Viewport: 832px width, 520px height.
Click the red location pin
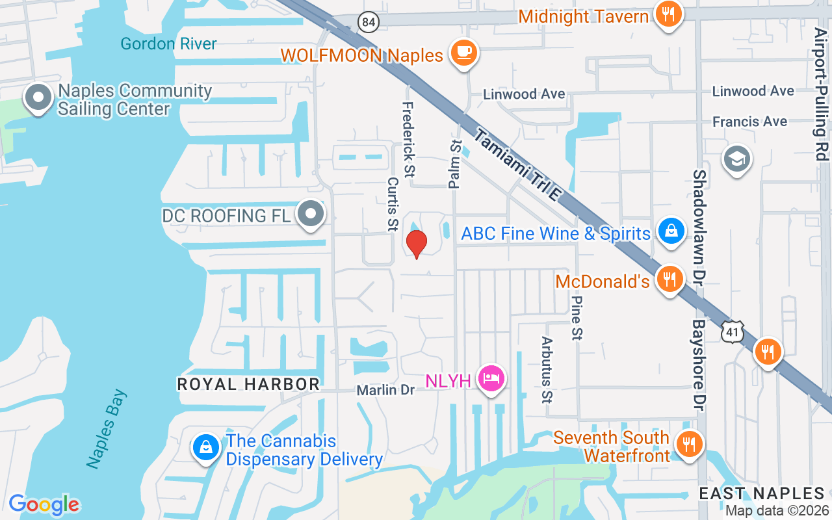click(x=416, y=243)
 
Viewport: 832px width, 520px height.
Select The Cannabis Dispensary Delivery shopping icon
click(x=205, y=448)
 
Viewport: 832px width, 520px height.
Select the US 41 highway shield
click(x=732, y=332)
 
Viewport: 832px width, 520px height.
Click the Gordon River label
click(x=168, y=44)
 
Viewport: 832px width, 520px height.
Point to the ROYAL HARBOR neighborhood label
click(x=248, y=385)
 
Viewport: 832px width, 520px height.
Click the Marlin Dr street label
click(x=385, y=390)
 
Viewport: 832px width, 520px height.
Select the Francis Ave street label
click(x=749, y=122)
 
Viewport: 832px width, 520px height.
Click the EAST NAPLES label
click(x=762, y=493)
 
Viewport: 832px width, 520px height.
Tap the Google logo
click(x=44, y=504)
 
